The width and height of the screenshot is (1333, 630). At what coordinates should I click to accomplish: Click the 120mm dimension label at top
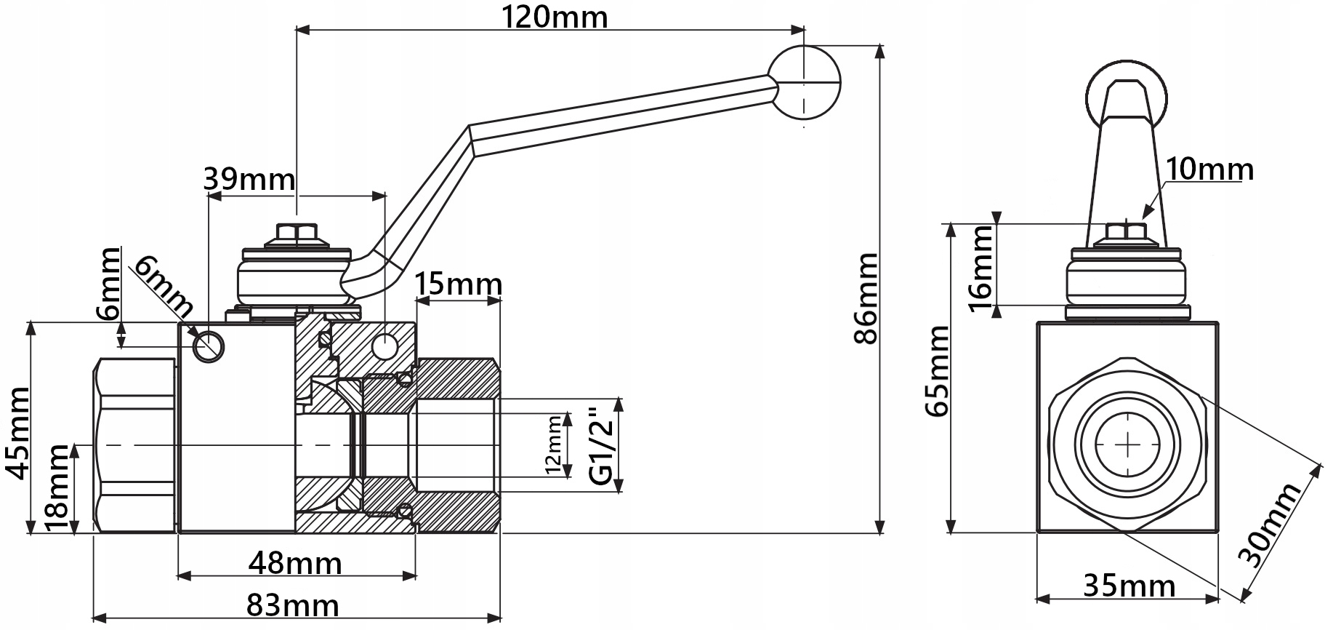point(554,16)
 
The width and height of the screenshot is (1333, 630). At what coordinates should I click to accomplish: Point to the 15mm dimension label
point(458,284)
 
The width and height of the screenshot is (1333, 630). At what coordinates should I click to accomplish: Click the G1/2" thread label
point(601,445)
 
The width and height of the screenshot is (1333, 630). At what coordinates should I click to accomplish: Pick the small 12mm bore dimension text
point(554,444)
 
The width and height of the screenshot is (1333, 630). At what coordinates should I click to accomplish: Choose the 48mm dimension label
point(294,562)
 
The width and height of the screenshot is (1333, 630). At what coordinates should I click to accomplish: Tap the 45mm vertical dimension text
point(17,434)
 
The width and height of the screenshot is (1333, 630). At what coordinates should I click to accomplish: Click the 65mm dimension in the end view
point(937,371)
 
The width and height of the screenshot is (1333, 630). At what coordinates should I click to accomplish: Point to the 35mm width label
point(1129,585)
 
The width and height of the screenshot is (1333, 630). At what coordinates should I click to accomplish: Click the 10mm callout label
point(1209,170)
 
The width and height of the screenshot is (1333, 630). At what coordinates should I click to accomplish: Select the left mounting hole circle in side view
point(208,346)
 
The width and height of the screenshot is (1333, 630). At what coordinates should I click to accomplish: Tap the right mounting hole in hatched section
point(384,346)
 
